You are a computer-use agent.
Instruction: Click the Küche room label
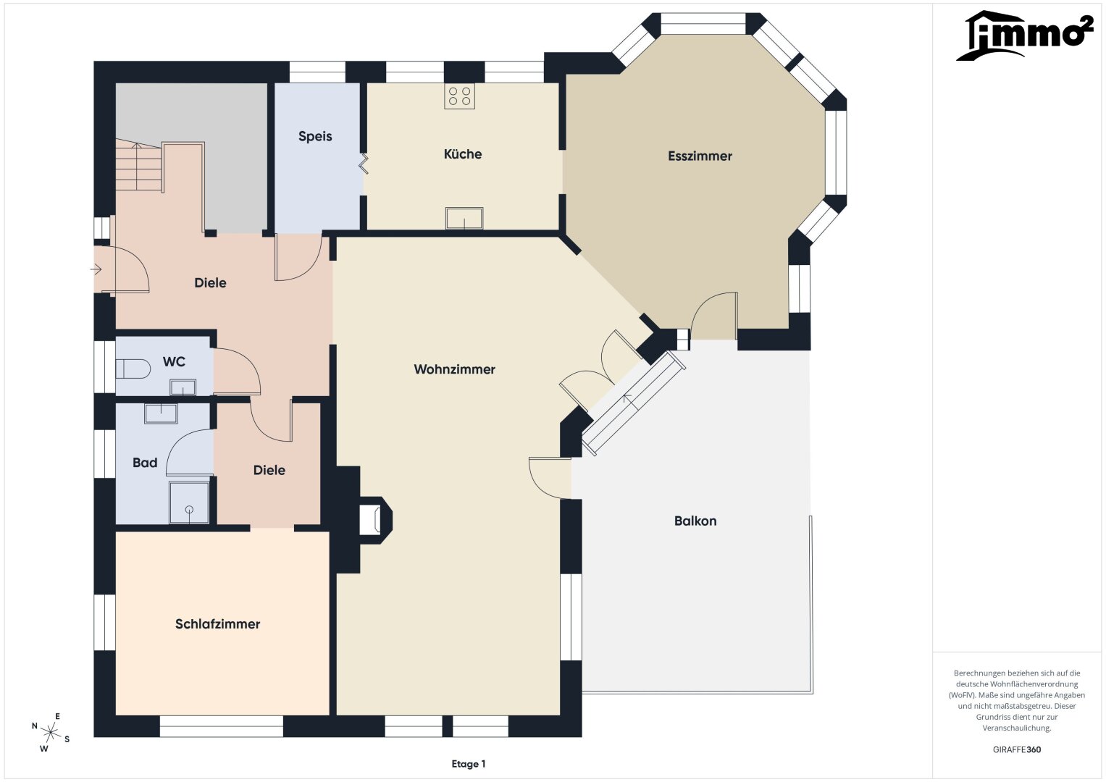click(463, 154)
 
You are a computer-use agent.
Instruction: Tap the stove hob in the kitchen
click(459, 96)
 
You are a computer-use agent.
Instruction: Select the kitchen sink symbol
click(464, 218)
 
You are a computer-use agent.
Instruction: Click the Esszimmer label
click(700, 156)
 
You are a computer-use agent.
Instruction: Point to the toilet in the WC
click(133, 369)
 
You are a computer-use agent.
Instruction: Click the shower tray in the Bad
click(189, 503)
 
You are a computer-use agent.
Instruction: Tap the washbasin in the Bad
click(161, 413)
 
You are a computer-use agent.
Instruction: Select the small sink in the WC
click(183, 387)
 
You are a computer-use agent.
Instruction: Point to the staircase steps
click(139, 167)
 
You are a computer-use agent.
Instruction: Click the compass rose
click(51, 732)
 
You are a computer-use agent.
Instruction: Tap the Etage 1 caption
click(469, 764)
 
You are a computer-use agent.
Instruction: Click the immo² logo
click(1025, 35)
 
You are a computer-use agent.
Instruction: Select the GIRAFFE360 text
click(1017, 749)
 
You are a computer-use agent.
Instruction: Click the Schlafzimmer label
click(217, 624)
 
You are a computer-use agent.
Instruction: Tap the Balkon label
click(695, 521)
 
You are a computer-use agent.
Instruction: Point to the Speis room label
click(315, 136)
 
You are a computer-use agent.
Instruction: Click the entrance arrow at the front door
click(96, 269)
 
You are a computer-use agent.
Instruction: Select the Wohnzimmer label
click(454, 369)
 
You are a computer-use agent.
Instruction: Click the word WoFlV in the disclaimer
click(961, 695)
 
